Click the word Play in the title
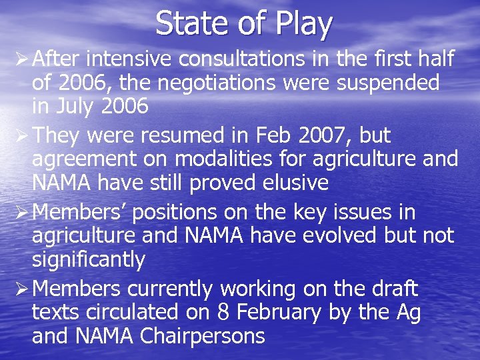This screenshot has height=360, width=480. pyautogui.click(x=301, y=24)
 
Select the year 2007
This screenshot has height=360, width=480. pyautogui.click(x=317, y=135)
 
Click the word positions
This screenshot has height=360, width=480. pyautogui.click(x=175, y=213)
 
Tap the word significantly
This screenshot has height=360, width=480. pyautogui.click(x=88, y=260)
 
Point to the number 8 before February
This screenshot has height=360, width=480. pyautogui.click(x=223, y=312)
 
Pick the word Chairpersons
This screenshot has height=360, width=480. pyautogui.click(x=203, y=336)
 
